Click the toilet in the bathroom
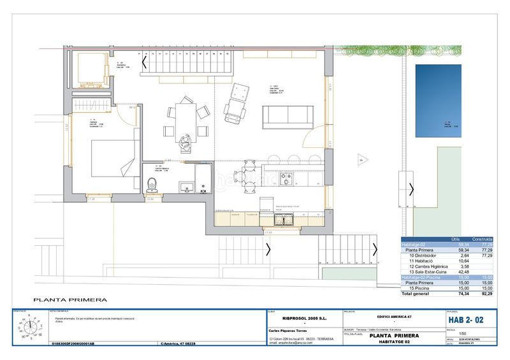(152, 184)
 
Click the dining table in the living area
(184, 119)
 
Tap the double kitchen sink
(283, 220)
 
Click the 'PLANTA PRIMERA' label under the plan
(70, 299)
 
